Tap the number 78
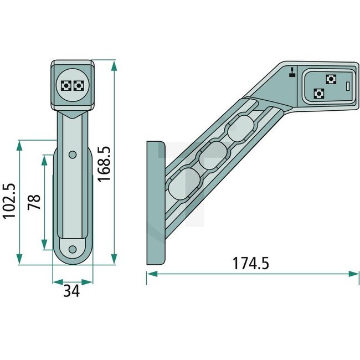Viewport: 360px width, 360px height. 34,200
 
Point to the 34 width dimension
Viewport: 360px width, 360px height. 70,290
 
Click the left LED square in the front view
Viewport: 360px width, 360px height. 66,85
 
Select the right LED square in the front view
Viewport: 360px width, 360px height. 79,85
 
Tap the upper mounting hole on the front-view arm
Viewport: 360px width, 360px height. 72,153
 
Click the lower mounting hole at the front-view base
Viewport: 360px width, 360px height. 72,249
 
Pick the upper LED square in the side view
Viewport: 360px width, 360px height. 331,79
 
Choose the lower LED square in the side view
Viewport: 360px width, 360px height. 318,93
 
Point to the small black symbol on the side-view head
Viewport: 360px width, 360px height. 291,71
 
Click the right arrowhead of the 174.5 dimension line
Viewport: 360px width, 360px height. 354,274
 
